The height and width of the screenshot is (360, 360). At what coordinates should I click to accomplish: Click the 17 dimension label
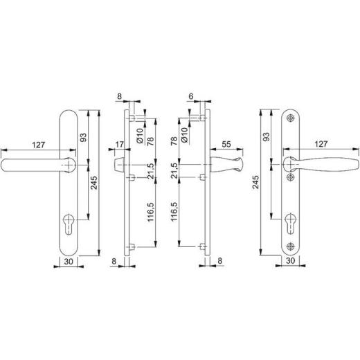pyautogui.click(x=119, y=145)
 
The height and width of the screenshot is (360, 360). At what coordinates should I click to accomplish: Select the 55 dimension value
pyautogui.click(x=226, y=144)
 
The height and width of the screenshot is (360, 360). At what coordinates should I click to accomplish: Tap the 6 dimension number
pyautogui.click(x=191, y=96)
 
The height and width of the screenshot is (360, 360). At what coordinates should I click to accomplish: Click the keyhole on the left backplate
pyautogui.click(x=69, y=224)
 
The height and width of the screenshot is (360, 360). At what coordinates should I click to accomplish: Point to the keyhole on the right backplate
pyautogui.click(x=290, y=224)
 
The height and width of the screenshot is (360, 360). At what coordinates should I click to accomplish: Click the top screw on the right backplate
pyautogui.click(x=290, y=118)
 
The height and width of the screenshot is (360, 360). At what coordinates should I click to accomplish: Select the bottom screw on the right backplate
pyautogui.click(x=290, y=246)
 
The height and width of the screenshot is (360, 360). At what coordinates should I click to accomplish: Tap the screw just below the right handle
pyautogui.click(x=290, y=177)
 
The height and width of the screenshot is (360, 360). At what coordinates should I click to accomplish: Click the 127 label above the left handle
pyautogui.click(x=38, y=145)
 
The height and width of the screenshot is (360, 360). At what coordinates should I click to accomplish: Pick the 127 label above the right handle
pyautogui.click(x=321, y=144)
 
